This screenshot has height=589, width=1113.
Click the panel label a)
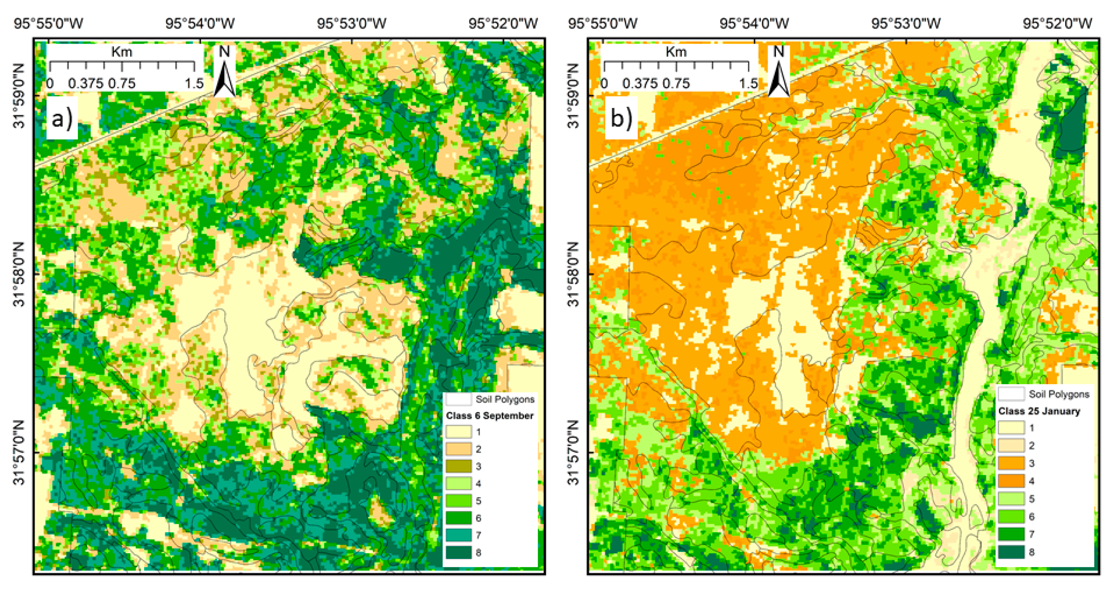coord(62,118)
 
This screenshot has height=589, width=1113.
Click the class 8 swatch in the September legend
coord(458,552)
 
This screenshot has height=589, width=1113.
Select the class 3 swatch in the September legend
coord(458,466)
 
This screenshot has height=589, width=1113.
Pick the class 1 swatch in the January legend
coord(1011,428)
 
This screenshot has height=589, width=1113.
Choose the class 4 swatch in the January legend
coord(1011,481)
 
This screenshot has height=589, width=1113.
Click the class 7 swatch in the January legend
coord(1011,534)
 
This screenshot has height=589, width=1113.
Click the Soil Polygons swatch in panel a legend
coord(458,399)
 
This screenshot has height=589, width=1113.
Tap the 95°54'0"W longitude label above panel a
coord(200,23)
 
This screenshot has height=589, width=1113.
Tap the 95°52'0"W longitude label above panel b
coord(1057,23)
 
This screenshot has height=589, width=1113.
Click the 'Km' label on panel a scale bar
coord(122,52)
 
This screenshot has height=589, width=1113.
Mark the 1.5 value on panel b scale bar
coord(748,83)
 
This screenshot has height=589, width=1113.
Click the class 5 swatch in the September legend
coord(458,500)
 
